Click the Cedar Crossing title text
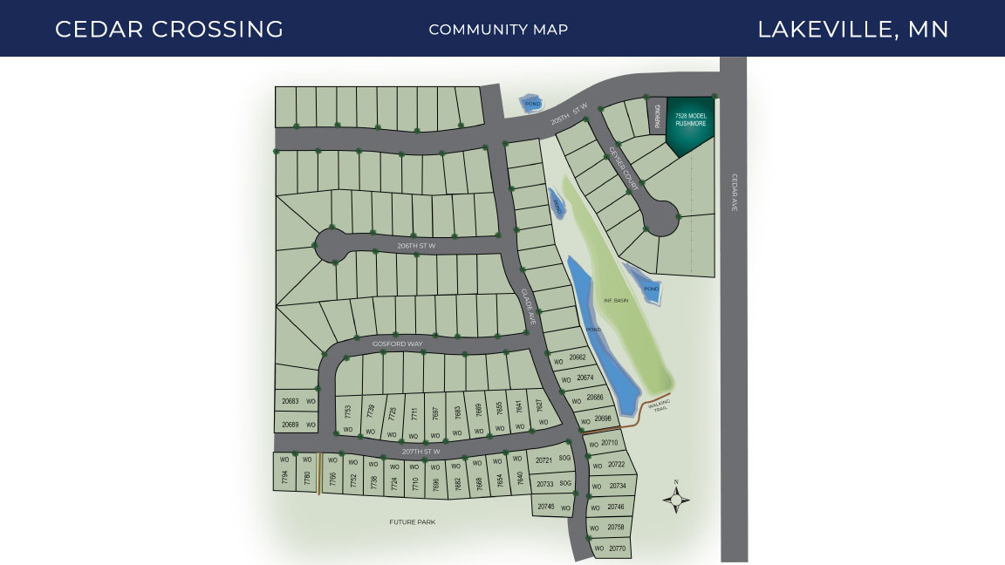click(x=169, y=29)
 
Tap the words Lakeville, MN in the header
click(x=852, y=29)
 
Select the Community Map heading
click(x=498, y=30)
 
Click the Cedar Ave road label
click(x=735, y=192)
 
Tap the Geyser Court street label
click(x=624, y=169)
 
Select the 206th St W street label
click(x=415, y=246)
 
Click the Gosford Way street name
click(x=397, y=344)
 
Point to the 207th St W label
click(x=420, y=452)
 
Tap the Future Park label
click(x=412, y=522)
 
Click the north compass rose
click(x=676, y=500)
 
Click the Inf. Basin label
click(x=616, y=300)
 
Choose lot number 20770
click(x=616, y=548)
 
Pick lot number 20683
click(x=291, y=401)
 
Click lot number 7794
click(x=284, y=478)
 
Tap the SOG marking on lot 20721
click(x=564, y=459)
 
